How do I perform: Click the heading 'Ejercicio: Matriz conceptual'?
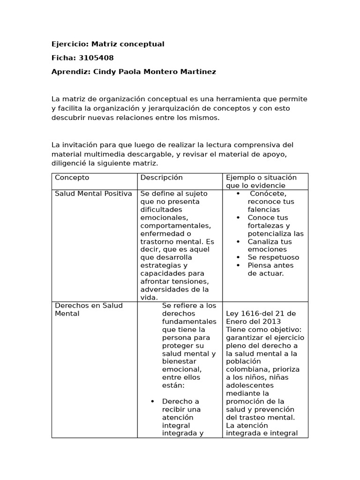(108, 44)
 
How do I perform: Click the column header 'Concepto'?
(72, 178)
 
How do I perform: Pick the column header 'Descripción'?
(161, 178)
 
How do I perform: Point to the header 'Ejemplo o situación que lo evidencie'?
(261, 181)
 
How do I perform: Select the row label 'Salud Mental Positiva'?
(93, 194)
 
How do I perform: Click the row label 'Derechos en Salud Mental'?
(89, 309)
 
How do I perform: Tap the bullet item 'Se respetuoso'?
(273, 257)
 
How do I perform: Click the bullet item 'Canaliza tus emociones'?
(270, 246)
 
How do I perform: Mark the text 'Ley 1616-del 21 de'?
(261, 314)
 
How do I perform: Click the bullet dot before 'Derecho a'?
(152, 402)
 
